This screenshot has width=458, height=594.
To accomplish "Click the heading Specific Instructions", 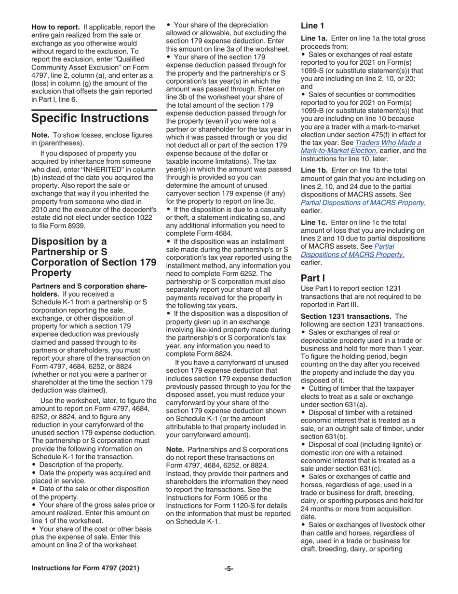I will coord(90,118).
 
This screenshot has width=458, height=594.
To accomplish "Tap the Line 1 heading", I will coord(312,26).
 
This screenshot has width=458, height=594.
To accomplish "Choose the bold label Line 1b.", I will coord(314,170).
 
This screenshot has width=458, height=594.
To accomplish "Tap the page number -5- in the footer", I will coord(229,568).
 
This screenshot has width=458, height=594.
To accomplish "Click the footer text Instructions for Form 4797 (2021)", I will coord(85,568).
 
